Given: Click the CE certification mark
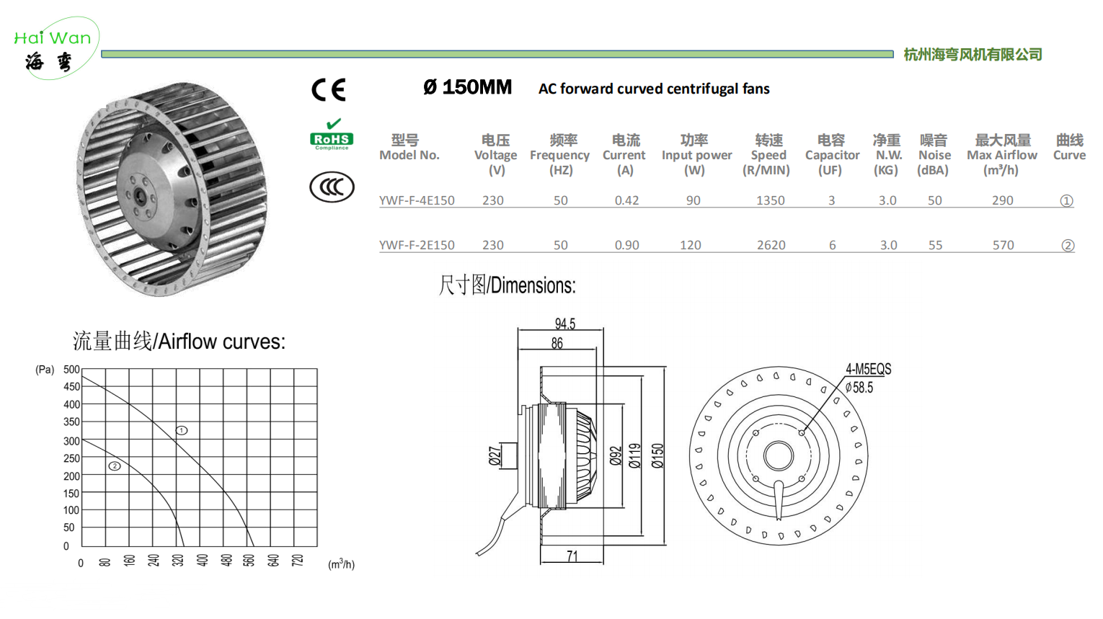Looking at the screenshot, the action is (329, 89).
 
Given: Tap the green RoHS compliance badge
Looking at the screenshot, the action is (332, 134).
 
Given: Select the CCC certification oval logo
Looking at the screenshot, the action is (332, 187).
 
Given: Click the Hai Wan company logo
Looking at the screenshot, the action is (55, 49).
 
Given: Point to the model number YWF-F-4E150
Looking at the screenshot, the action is (417, 201).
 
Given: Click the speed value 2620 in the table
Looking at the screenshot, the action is (771, 245).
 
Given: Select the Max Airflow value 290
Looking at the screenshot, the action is (1003, 201).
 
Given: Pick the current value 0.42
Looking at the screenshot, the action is (627, 201).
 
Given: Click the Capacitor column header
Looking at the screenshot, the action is (832, 155).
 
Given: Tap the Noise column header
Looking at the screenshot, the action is (934, 155).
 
